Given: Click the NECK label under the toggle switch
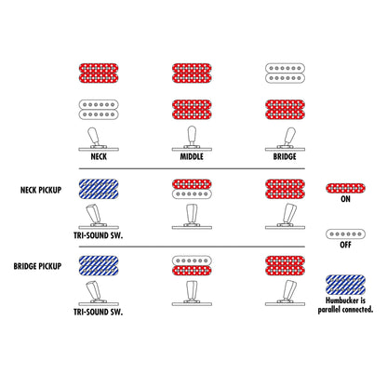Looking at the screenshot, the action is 99,156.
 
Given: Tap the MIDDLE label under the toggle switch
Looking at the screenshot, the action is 192,156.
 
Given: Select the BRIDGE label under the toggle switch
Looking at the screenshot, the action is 285,156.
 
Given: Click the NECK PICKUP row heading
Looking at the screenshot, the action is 41,190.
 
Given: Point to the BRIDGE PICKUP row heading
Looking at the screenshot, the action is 37,266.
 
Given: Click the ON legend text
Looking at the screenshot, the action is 345,199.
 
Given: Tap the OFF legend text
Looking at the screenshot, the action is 345,245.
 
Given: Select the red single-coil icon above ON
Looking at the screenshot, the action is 345,188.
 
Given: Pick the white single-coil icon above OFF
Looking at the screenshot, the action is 345,234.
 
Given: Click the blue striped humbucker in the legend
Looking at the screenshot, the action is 345,285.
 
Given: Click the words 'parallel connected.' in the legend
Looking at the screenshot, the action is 345,310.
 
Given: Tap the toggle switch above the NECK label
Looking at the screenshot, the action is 99,139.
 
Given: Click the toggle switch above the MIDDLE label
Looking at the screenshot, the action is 192,139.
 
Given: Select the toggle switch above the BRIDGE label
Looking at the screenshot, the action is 285,139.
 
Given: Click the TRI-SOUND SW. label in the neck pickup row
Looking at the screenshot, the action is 98,235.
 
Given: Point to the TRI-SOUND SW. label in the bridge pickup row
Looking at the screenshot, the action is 98,312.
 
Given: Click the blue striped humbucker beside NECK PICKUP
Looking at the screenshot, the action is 99,189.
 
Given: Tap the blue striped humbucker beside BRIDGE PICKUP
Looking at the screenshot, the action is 99,265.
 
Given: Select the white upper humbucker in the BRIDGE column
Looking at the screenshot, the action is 285,73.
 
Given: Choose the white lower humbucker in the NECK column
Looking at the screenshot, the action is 99,110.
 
